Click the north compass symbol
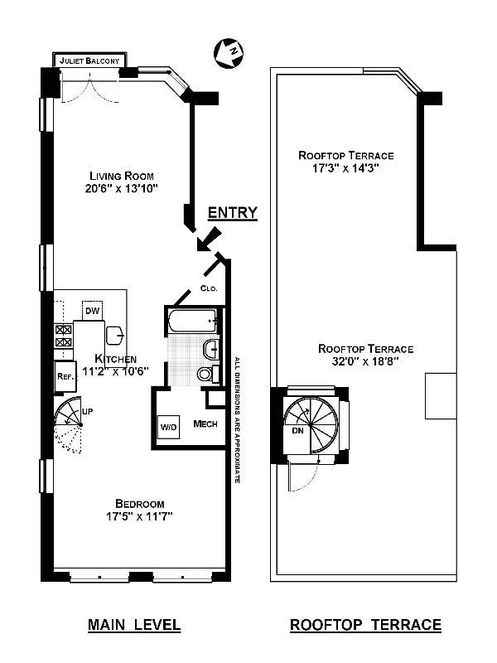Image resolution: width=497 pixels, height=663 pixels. (229, 52)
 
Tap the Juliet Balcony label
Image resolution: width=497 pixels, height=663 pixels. (89, 60)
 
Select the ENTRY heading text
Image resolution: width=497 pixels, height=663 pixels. (233, 212)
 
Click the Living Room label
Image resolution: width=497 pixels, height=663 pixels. (121, 176)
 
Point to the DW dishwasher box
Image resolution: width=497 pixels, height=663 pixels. (93, 311)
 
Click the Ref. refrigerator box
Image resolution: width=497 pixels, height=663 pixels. (65, 376)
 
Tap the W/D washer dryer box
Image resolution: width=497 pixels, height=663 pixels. (168, 427)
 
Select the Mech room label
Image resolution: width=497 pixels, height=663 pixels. (205, 423)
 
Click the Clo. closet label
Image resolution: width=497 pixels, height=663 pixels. (209, 288)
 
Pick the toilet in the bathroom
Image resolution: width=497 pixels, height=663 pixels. (209, 374)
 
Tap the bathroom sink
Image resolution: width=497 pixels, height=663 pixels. (212, 349)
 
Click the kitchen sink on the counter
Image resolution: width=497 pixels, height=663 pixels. (114, 336)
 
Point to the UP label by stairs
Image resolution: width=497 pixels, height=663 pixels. (87, 411)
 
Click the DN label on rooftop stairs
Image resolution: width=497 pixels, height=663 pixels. (297, 431)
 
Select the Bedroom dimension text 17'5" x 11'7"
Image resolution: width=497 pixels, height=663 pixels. (139, 516)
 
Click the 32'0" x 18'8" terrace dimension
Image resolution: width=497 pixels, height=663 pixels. (365, 361)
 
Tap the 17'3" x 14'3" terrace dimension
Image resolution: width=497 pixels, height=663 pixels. (345, 168)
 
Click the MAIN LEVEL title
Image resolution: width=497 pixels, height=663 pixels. (134, 625)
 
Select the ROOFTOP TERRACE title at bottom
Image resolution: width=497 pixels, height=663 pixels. (365, 625)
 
